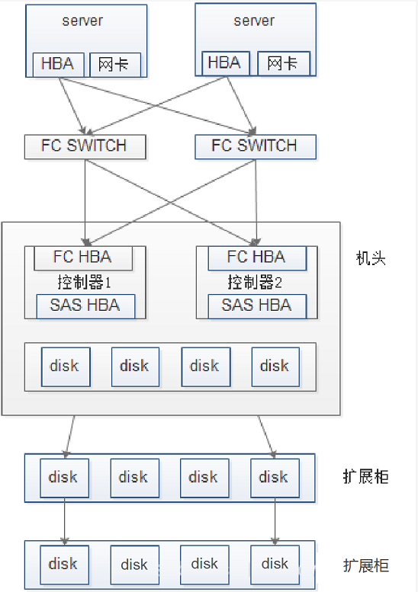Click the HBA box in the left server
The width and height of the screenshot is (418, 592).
[58, 64]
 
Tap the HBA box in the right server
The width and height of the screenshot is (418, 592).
[224, 63]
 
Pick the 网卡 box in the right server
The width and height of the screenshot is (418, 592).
[283, 64]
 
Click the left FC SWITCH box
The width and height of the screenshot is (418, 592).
[84, 146]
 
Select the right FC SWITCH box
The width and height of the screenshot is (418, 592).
[254, 146]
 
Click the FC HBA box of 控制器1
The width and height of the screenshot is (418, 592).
[84, 258]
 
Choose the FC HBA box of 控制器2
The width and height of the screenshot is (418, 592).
[256, 258]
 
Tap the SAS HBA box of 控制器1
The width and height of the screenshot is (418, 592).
[85, 306]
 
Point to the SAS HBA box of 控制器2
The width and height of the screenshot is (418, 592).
[256, 306]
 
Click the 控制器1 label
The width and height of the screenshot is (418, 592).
[84, 283]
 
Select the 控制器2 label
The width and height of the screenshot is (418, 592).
[255, 283]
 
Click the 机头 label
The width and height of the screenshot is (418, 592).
[371, 258]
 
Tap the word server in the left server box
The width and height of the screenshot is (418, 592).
[82, 21]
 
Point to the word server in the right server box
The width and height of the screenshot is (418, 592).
[253, 21]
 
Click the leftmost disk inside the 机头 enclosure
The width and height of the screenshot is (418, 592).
[65, 366]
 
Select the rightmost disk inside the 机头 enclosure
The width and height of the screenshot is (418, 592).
[275, 366]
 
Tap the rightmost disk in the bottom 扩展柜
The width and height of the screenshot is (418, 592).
[275, 565]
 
